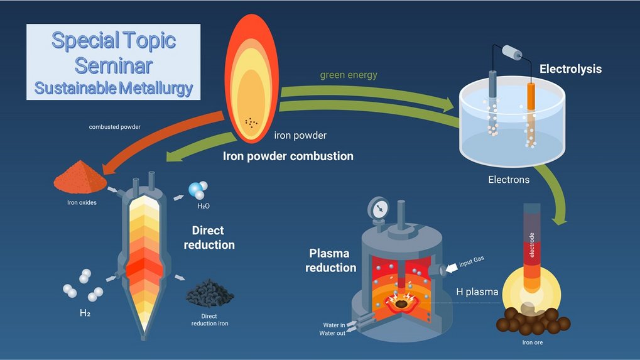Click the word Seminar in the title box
[x=114, y=65]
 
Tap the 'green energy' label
[x=349, y=75]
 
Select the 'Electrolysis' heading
[x=570, y=69]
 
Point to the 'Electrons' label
[x=509, y=180]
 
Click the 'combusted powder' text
[x=115, y=127]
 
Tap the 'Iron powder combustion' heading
[x=288, y=156]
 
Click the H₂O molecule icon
[x=198, y=188]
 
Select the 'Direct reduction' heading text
[x=209, y=237]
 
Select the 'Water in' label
[x=335, y=325]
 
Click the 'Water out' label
[x=334, y=333]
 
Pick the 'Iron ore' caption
[x=533, y=342]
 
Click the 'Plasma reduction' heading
[x=332, y=261]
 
